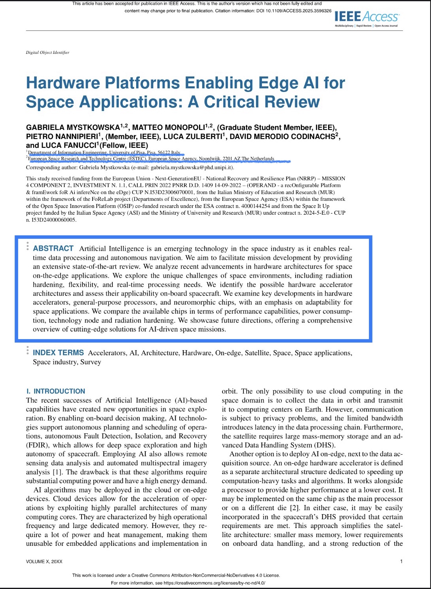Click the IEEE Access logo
coord(366,17)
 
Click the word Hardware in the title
coord(63,83)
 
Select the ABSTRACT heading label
coord(53,248)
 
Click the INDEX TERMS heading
coord(58,353)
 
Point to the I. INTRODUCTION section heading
coord(56,391)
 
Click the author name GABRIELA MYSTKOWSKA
coord(73,128)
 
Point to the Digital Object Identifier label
coord(47,52)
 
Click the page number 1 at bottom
coord(401,561)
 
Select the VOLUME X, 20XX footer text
coord(44,562)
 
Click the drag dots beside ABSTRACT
coord(27,246)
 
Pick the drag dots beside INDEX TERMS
coord(27,350)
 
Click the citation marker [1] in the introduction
coord(57,472)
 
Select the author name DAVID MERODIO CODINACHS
coord(282,137)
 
